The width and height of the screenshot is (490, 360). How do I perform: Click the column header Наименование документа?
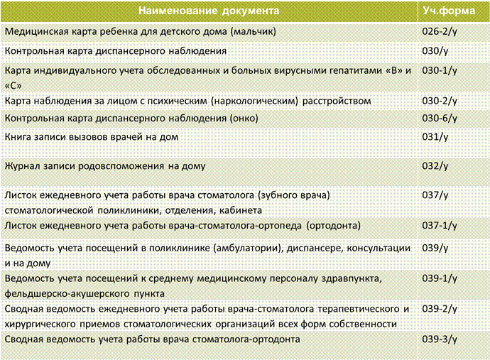click(x=209, y=11)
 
